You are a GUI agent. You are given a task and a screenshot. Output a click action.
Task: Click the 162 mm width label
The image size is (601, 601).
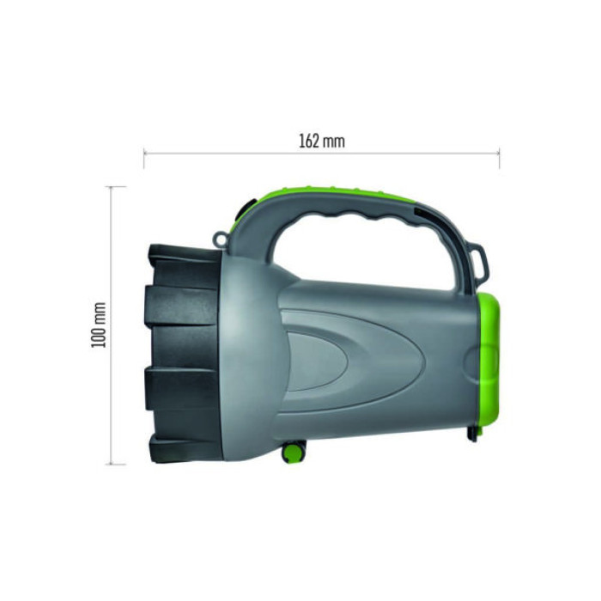322,142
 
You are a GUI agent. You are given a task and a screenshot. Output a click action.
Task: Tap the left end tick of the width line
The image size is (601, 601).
144,155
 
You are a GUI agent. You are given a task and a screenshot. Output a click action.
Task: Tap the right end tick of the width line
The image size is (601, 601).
499,155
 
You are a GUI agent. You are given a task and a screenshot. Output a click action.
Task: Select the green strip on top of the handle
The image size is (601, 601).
343,195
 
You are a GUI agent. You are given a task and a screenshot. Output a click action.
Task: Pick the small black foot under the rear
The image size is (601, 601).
473,434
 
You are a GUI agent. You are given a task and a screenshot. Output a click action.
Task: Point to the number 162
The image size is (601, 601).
310,142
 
